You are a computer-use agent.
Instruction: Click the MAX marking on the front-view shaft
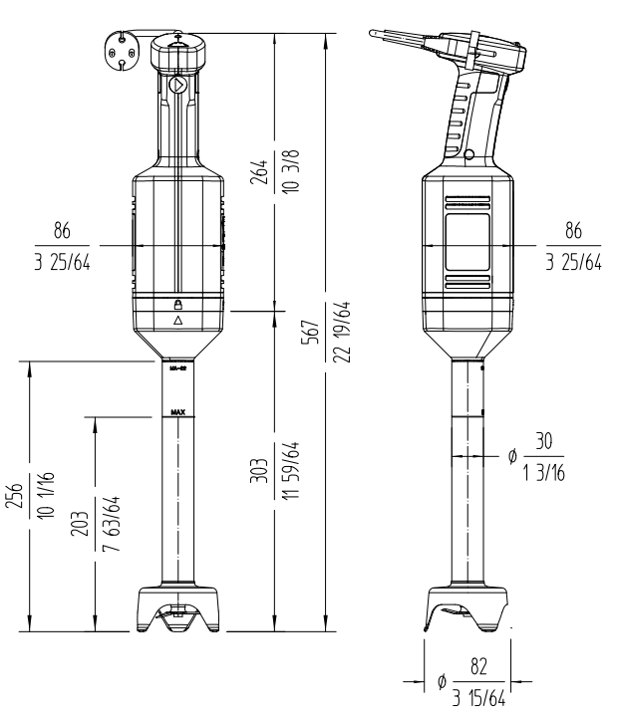[x=178, y=410]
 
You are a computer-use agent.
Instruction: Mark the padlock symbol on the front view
[x=178, y=304]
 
